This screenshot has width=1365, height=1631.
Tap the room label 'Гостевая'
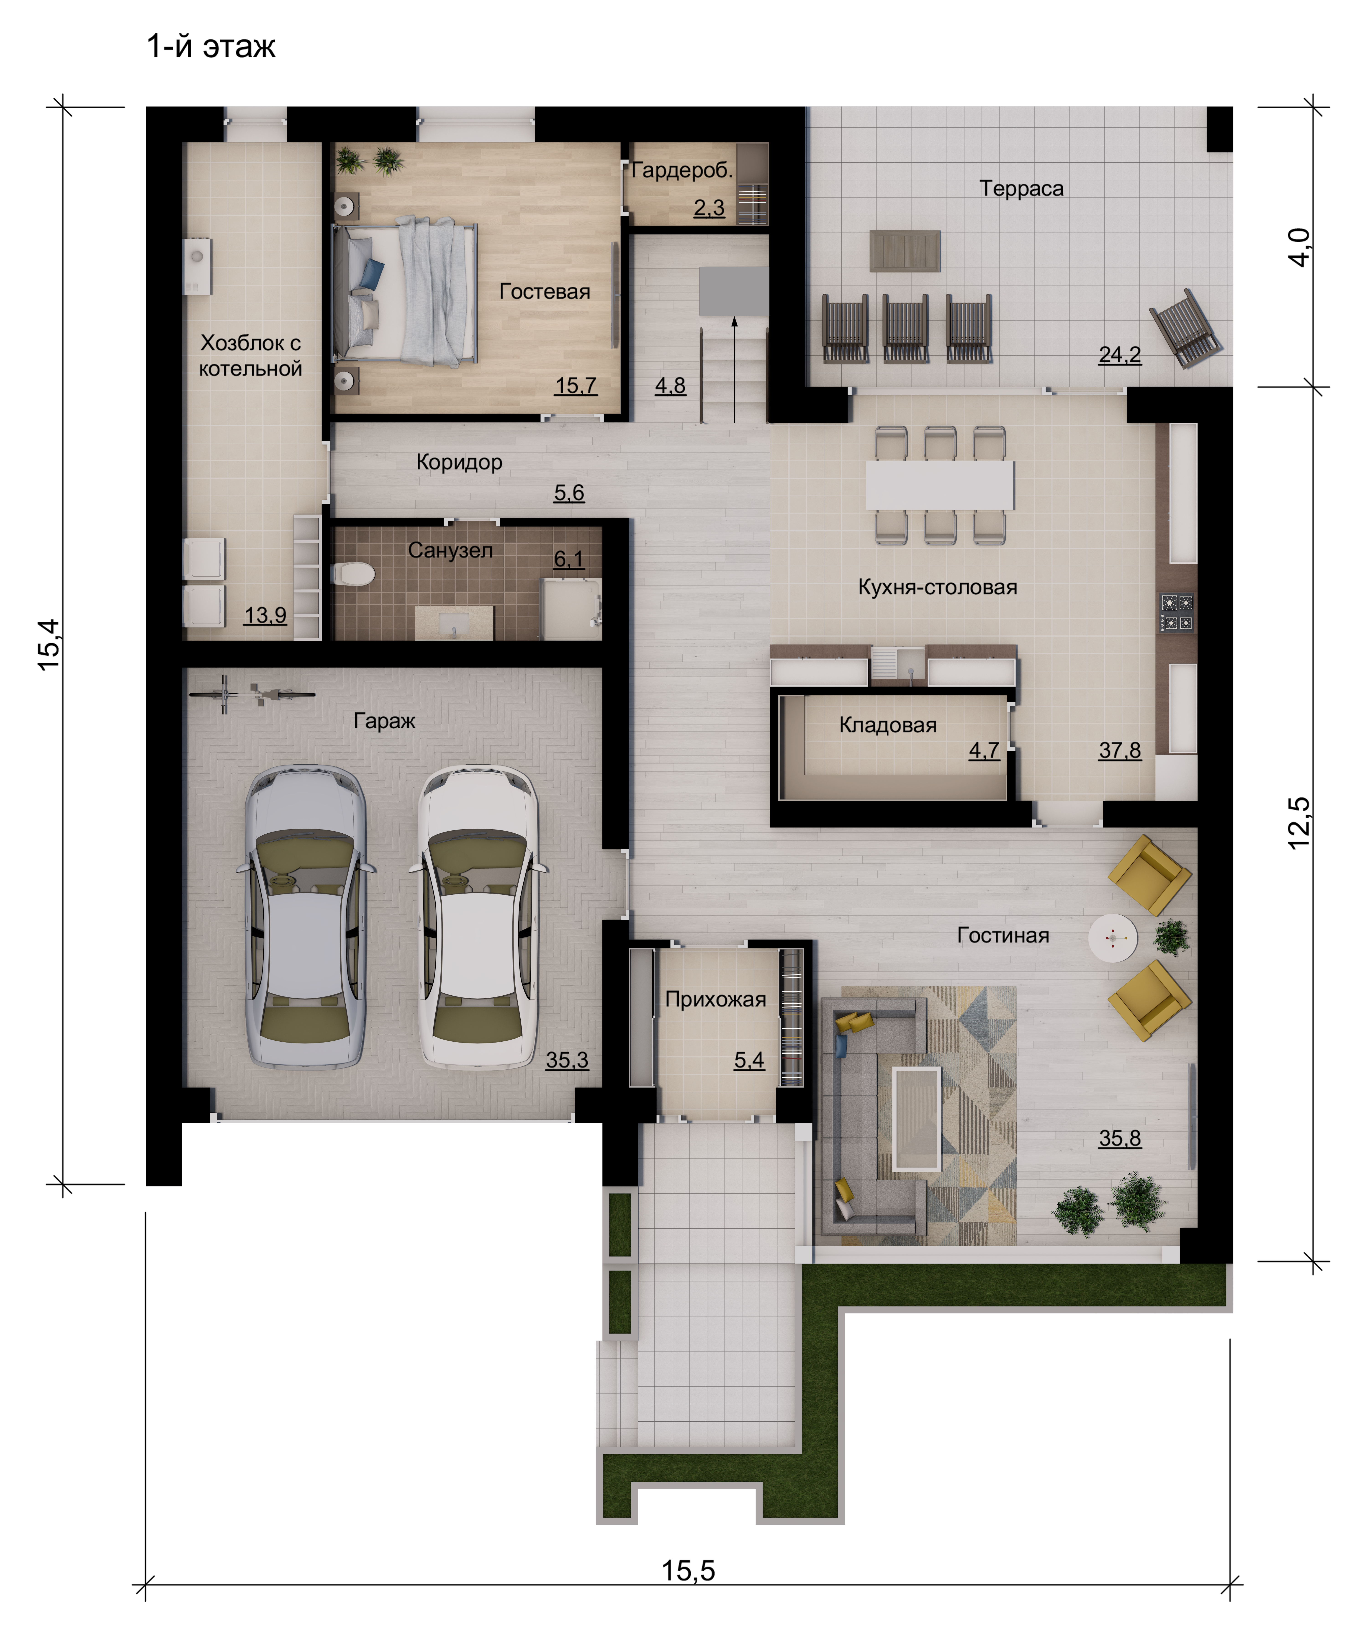click(x=545, y=291)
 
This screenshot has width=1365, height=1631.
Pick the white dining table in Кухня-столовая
click(x=940, y=485)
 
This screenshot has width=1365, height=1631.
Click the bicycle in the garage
click(x=252, y=693)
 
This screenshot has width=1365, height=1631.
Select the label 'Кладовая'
click(x=888, y=725)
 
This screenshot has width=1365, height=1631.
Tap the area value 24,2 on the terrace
click(x=1120, y=355)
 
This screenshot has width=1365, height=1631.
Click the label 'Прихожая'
click(x=715, y=999)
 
